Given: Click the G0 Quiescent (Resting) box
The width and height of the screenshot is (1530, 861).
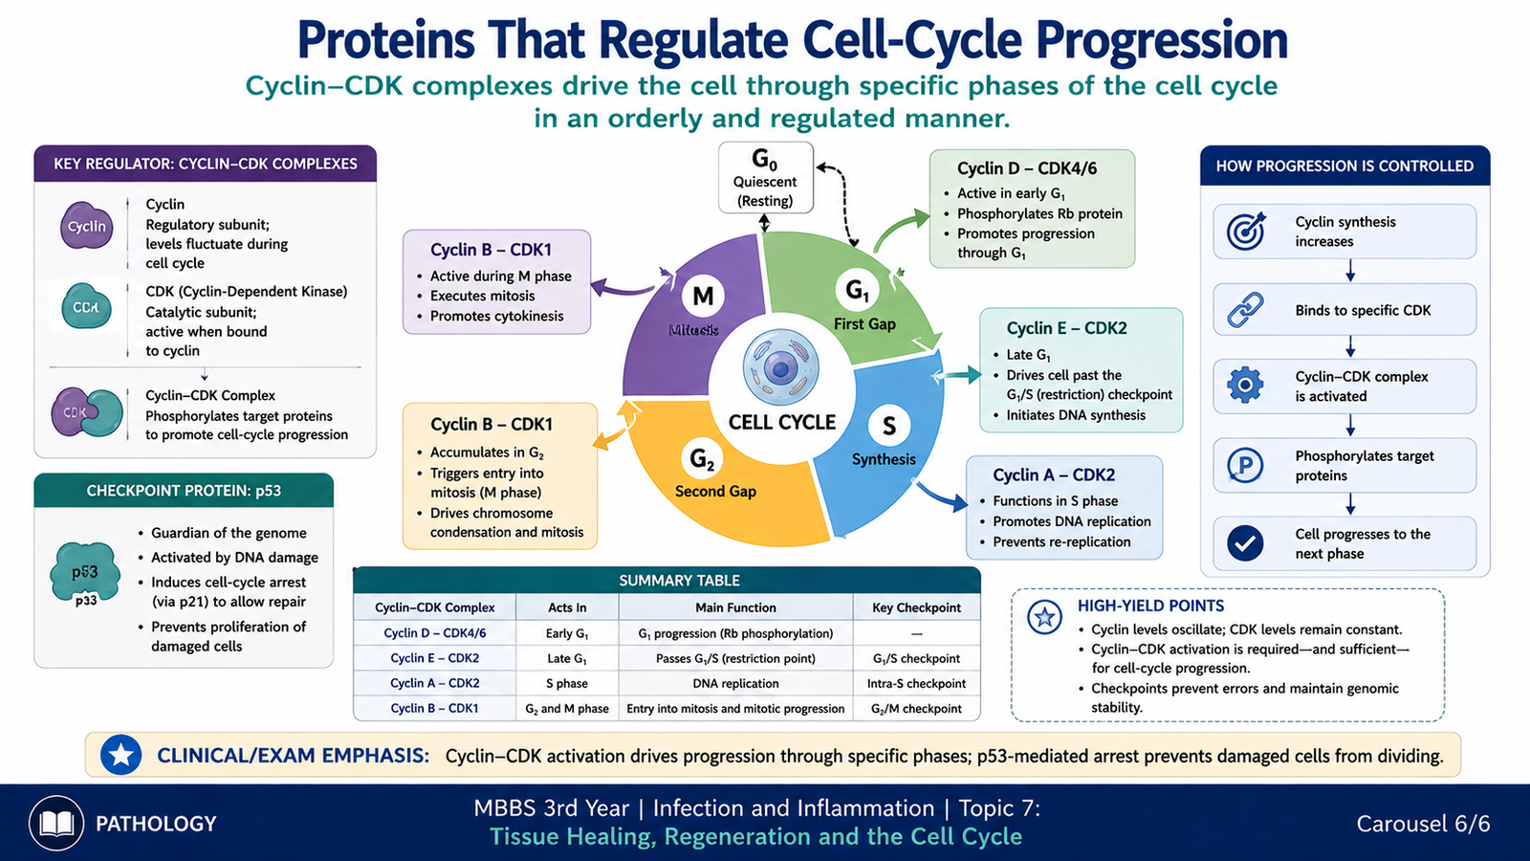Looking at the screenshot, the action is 766,178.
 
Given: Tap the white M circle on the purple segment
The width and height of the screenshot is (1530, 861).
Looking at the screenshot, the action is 703,296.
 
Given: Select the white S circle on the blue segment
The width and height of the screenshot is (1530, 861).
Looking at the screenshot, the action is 888,427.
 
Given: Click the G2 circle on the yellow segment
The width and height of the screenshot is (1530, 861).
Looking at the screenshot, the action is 702,459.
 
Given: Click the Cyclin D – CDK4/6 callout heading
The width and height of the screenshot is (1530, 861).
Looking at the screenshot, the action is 1027,168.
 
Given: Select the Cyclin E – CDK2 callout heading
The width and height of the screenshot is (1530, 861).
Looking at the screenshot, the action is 1066,328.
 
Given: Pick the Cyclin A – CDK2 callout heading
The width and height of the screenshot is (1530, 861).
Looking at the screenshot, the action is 1054,475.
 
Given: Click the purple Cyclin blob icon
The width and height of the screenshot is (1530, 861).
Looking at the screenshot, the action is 86,225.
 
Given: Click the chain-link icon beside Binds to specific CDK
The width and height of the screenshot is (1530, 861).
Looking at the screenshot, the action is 1245,310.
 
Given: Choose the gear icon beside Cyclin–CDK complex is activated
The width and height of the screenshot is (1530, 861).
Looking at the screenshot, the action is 1245,386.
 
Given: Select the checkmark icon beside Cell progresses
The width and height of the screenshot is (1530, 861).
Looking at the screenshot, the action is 1245,543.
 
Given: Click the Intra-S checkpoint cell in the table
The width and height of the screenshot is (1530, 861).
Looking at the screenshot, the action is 916,683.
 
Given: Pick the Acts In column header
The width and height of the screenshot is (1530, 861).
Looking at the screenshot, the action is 567,607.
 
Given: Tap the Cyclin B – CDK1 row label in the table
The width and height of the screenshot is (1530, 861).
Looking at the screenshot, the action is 434,708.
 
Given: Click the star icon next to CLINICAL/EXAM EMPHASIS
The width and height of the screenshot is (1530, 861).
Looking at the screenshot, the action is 120,755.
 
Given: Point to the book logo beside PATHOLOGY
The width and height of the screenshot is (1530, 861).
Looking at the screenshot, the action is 56,824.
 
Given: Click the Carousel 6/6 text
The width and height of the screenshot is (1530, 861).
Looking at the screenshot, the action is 1423,824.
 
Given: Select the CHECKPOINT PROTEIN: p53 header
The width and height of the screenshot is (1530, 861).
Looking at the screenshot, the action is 184,491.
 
